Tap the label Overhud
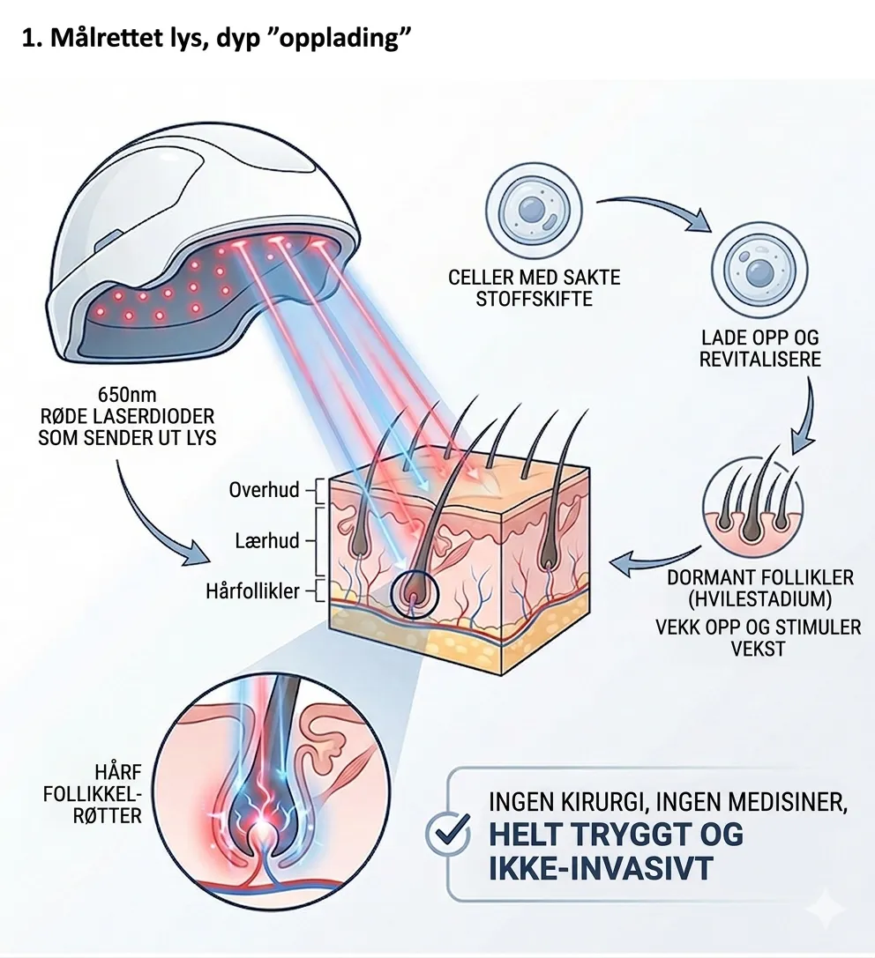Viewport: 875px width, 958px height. (265, 489)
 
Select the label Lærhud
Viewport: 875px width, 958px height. (268, 540)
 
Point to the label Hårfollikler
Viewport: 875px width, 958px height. (252, 591)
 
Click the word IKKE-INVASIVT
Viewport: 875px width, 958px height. (600, 868)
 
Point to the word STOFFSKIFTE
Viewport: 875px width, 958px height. (534, 299)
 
